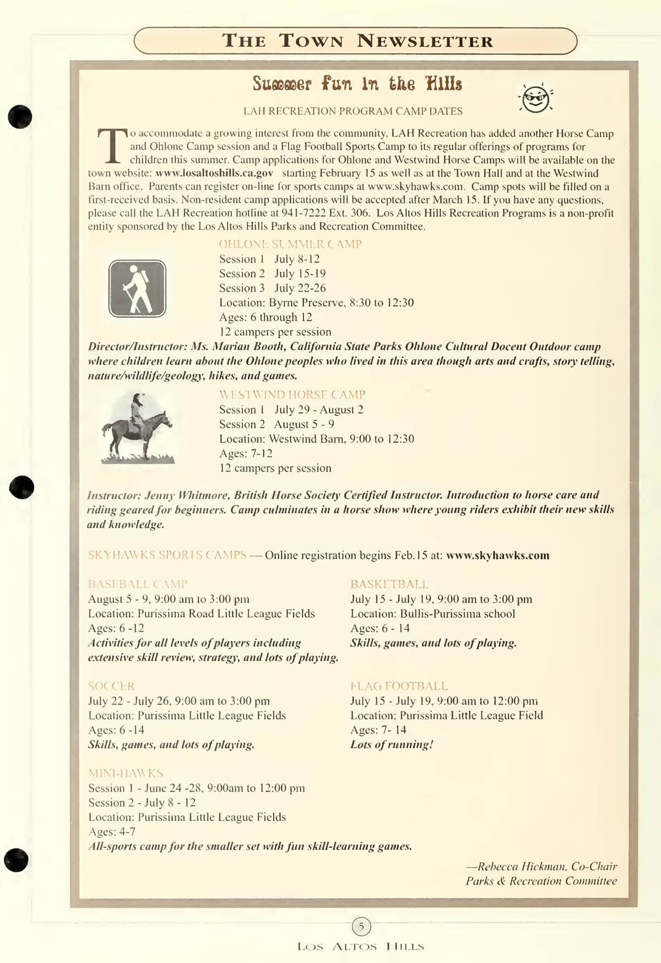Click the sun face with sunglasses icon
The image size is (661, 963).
click(536, 99)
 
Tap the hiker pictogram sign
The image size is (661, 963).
click(137, 289)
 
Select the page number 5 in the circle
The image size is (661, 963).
click(361, 927)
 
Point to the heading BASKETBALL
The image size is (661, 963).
click(389, 584)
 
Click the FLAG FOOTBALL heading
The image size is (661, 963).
click(399, 686)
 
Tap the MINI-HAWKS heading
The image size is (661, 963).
click(126, 773)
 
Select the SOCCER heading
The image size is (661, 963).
click(111, 686)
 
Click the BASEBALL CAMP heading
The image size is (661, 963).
click(138, 584)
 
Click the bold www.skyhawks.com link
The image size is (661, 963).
click(497, 555)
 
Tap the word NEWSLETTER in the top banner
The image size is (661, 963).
click(425, 41)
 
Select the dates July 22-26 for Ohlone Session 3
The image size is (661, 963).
click(300, 288)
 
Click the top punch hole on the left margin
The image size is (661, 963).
click(20, 116)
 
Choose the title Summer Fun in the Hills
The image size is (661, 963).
click(357, 84)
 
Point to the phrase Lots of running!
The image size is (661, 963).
click(392, 745)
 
